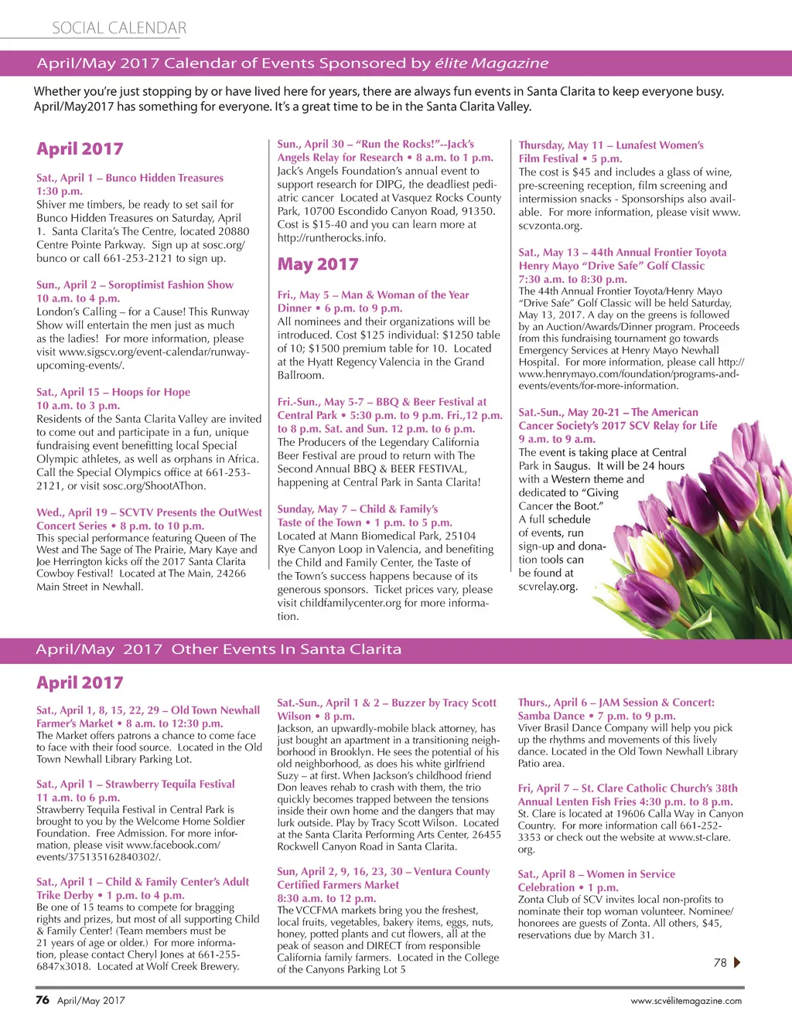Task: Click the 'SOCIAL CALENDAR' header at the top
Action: coord(119,29)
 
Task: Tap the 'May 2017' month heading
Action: coord(318,264)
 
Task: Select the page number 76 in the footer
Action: coord(43,999)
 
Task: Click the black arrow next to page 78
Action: coord(736,962)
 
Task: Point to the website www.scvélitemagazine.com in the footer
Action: coord(686,1000)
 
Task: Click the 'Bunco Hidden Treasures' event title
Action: coord(164,178)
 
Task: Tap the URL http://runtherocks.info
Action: coord(331,237)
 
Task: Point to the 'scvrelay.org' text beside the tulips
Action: coord(548,586)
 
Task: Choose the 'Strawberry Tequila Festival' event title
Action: coord(169,784)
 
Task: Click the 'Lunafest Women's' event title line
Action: coord(611,145)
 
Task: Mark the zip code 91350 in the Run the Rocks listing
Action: coord(478,210)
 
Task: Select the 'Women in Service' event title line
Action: coord(596,873)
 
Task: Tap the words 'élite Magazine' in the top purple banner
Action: coord(491,63)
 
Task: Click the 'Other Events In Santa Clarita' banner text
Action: coord(286,649)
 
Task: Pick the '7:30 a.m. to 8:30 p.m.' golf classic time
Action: coord(572,279)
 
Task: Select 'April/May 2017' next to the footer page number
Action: coord(90,1000)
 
